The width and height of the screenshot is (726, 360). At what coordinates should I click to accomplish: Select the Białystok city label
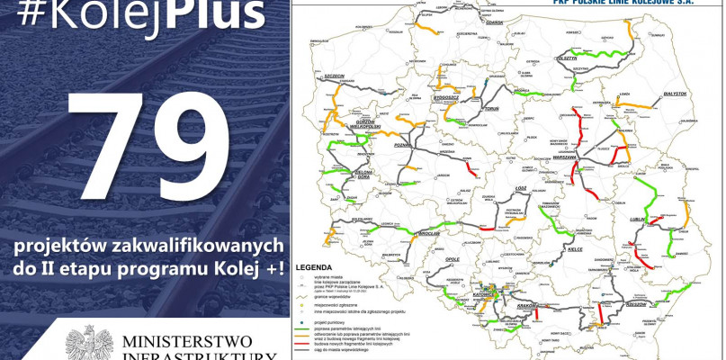[674, 94]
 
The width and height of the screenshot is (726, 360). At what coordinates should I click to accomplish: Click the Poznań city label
[402, 144]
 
